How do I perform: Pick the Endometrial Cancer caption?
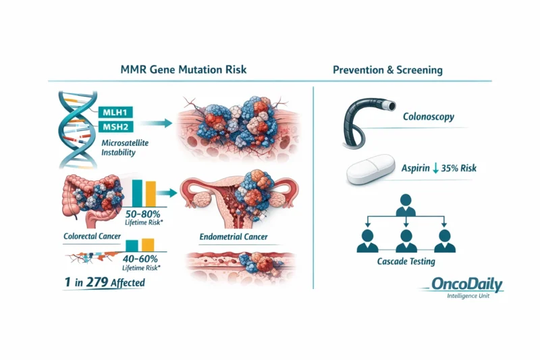coord(232,237)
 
